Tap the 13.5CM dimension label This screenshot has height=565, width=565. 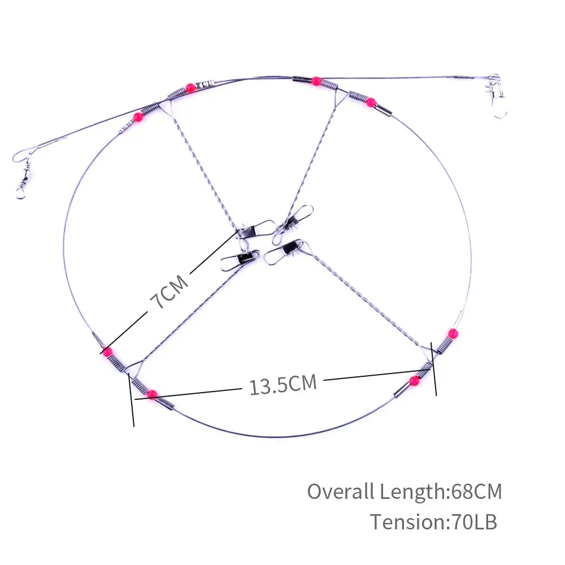tap(283, 384)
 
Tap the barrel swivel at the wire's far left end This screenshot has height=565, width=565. tap(23, 179)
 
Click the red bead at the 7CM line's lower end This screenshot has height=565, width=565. tap(106, 351)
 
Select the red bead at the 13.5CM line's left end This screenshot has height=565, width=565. tap(152, 394)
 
